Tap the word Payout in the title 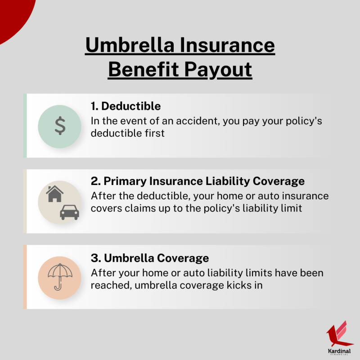[x=218, y=70]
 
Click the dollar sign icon [x=60, y=126]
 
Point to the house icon [x=54, y=194]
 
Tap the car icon [x=69, y=212]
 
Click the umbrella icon [x=60, y=277]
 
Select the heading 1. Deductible [x=126, y=106]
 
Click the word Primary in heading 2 [x=125, y=181]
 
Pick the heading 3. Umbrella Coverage [x=150, y=258]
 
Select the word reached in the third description [x=111, y=285]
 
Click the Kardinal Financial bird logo [x=339, y=334]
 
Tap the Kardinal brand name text [x=339, y=351]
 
